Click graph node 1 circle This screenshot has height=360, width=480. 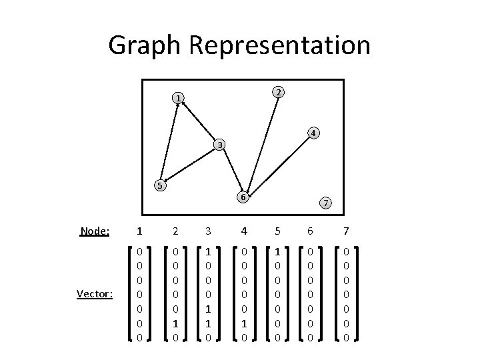click(177, 99)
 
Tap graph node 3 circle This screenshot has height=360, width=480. click(220, 145)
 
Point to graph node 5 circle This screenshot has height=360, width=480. click(159, 185)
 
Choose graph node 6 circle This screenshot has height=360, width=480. click(244, 197)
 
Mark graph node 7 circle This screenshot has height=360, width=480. click(325, 202)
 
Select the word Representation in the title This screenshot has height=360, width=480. click(280, 45)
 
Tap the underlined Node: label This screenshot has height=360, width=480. click(94, 231)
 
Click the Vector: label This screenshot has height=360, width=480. click(95, 293)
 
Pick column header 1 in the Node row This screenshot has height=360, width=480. click(138, 231)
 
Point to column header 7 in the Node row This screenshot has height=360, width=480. click(346, 231)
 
